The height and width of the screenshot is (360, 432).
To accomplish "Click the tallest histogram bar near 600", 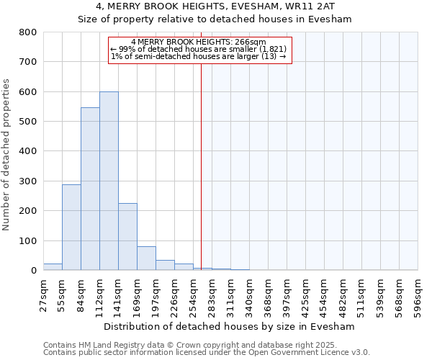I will [109, 181].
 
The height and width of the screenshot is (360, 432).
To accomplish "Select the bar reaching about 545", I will [90, 189].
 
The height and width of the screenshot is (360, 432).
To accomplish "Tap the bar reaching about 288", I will [71, 228].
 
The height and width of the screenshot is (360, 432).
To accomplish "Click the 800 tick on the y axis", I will [28, 32].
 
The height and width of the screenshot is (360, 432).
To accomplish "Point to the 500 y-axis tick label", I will [28, 122].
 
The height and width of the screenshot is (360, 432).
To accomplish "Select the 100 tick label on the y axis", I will [28, 241].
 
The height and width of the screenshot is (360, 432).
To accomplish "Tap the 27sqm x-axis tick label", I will [43, 294].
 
